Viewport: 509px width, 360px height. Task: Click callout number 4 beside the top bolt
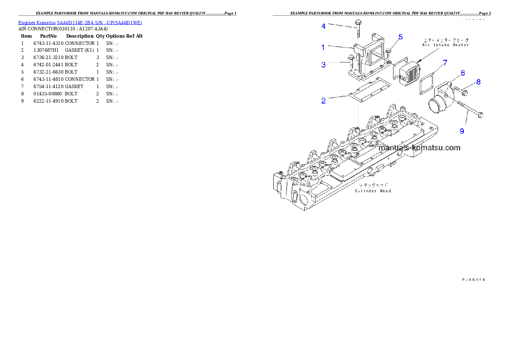point(323,26)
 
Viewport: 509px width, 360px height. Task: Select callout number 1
point(323,47)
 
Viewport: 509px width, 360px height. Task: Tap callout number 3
point(323,65)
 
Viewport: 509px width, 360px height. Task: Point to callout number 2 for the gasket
point(323,101)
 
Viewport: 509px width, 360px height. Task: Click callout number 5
point(400,37)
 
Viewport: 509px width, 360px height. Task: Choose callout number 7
point(445,63)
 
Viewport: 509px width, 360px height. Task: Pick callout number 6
point(463,73)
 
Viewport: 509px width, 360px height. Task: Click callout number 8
point(478,82)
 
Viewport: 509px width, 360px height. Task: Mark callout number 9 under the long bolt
point(462,131)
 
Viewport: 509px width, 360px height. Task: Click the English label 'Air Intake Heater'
point(446,45)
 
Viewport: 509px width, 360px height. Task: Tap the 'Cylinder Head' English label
point(373,191)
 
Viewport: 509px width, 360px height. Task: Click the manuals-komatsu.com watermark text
point(420,148)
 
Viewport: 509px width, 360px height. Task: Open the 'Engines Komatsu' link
point(37,23)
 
